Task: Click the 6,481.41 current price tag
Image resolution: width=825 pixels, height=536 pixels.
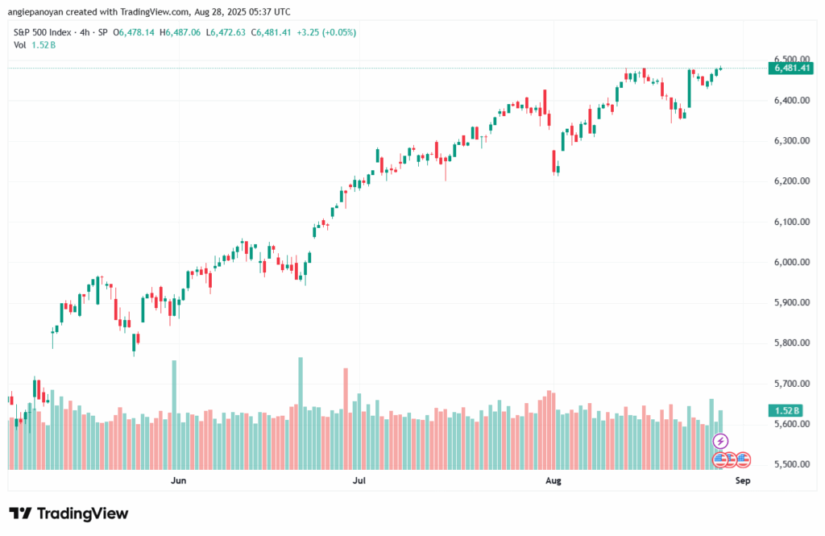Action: [791, 68]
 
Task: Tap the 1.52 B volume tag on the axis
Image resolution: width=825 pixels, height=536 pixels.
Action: [786, 411]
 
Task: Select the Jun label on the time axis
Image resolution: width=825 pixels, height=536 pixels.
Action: [178, 480]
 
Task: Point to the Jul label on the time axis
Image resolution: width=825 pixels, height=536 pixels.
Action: [359, 480]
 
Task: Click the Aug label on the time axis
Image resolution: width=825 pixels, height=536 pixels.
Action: [553, 480]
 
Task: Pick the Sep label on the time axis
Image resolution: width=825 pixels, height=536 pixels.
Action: [742, 480]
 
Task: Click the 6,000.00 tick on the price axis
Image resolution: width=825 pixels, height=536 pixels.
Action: [792, 262]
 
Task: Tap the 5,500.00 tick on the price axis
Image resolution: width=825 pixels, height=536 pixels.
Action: [792, 464]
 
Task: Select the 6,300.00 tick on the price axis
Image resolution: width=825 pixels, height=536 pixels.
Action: [792, 141]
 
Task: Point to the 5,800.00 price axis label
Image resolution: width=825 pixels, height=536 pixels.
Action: [792, 343]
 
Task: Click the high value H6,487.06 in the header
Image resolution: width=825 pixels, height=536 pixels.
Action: [180, 32]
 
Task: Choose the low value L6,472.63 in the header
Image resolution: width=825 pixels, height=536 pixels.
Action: [226, 32]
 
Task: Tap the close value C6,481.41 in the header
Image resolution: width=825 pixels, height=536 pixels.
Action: [271, 32]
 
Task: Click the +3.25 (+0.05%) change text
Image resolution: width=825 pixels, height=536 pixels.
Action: [326, 32]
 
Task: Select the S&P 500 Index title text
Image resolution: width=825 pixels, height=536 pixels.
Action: [42, 32]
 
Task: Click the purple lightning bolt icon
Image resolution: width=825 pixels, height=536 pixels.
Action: [720, 441]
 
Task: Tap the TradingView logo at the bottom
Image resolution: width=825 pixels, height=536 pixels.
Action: [69, 513]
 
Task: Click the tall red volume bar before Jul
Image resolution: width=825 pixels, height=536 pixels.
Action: [346, 419]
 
